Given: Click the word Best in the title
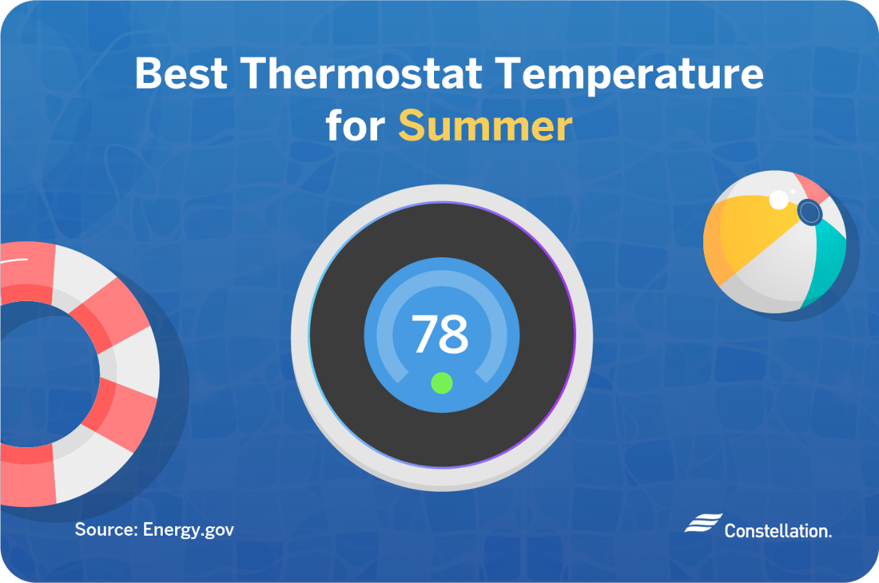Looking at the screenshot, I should tap(181, 73).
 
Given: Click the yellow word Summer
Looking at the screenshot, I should tap(485, 126).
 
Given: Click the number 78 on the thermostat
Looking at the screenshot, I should tap(440, 334).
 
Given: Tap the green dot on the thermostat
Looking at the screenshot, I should tap(442, 383).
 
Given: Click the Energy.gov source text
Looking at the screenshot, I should tap(188, 530).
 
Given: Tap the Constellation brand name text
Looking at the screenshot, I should tap(777, 530).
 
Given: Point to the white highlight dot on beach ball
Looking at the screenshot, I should tap(779, 200).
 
